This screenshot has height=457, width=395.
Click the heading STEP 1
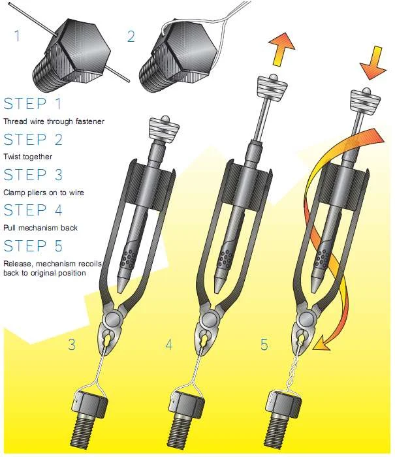click(x=34, y=104)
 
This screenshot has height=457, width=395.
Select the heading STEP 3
click(x=34, y=175)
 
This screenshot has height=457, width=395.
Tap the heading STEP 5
click(x=34, y=246)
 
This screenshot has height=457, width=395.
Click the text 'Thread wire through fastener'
click(x=54, y=121)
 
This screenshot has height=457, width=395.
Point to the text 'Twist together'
click(x=28, y=157)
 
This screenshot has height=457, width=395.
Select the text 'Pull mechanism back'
click(x=40, y=228)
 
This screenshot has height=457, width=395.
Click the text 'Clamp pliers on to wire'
click(x=44, y=193)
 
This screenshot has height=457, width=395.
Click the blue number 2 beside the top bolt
click(x=131, y=36)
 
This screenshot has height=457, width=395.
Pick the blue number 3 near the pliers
click(x=73, y=345)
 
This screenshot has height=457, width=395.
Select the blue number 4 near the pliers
click(x=169, y=345)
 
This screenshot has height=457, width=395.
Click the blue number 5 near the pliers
click(x=264, y=345)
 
